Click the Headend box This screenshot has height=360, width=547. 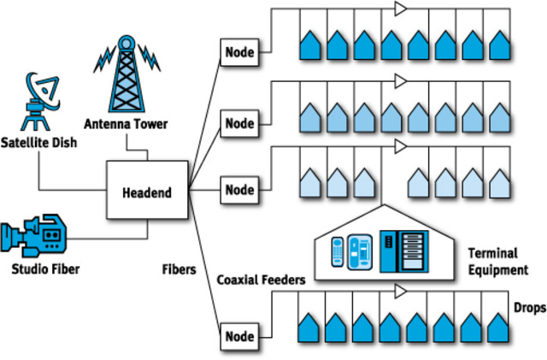coord(147,190)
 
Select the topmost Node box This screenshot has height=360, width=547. coord(239,52)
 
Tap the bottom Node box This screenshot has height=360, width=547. coord(239,337)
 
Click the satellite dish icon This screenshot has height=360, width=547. coord(41,101)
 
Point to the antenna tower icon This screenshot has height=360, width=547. coord(126,74)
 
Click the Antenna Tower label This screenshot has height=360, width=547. coord(126,124)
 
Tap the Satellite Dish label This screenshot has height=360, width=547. coord(38,143)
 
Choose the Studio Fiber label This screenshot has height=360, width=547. coord(45,269)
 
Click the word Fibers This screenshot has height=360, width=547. coord(179,269)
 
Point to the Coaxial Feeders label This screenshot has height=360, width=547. coord(261,280)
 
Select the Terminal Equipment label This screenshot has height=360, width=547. coord(498,262)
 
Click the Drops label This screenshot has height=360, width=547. coord(530,308)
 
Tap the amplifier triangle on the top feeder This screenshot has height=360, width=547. coord(401,9)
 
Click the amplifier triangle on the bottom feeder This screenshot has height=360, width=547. coord(401,292)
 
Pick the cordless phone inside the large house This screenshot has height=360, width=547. coord(338,251)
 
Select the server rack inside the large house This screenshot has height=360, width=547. coord(404,251)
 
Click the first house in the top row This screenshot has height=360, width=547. coord(310,45)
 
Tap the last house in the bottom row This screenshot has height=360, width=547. coord(498,328)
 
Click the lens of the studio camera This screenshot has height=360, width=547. coord(8,237)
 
